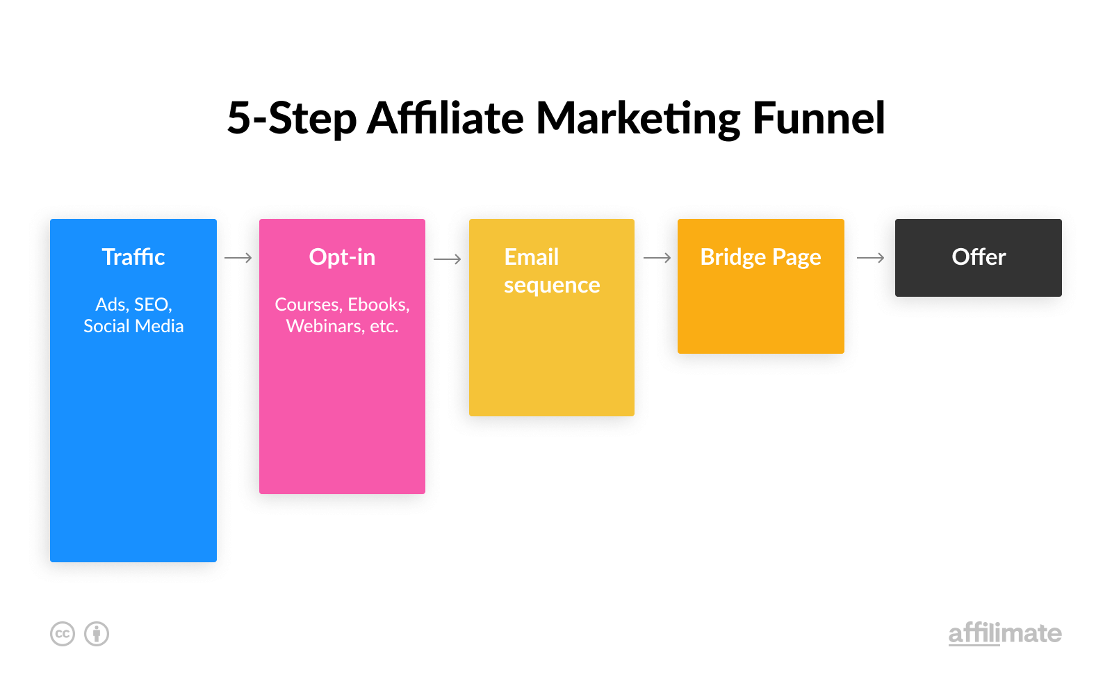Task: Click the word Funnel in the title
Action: (x=819, y=118)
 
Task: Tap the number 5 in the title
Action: (x=238, y=118)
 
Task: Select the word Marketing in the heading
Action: (x=638, y=119)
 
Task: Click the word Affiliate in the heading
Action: (x=445, y=118)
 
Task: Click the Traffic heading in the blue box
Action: (x=133, y=256)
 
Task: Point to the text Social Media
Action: (x=133, y=326)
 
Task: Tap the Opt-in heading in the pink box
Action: (x=342, y=257)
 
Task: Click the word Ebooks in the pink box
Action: (x=378, y=304)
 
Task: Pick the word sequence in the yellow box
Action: (x=552, y=286)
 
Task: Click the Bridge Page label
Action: (x=760, y=258)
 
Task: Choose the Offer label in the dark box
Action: (x=979, y=257)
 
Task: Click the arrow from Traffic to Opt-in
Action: (x=238, y=258)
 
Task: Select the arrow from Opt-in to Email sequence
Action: (x=448, y=259)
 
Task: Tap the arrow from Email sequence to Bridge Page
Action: (x=657, y=258)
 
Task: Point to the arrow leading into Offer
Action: (x=871, y=258)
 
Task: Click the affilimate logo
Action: (x=1005, y=634)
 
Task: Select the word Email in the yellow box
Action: (x=532, y=257)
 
